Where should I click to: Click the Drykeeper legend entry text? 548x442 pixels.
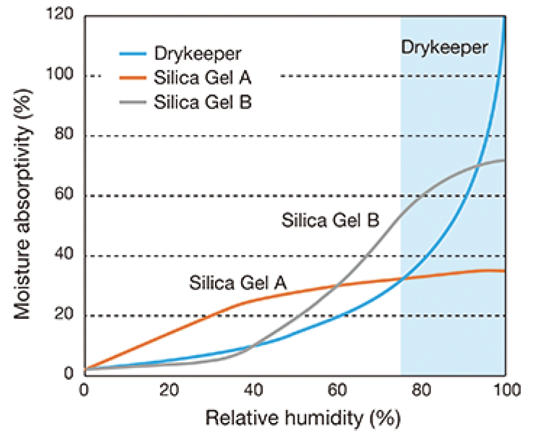(198, 53)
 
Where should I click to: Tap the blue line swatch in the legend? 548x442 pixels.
(133, 54)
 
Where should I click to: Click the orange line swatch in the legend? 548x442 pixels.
(133, 78)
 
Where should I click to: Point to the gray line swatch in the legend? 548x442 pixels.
(133, 101)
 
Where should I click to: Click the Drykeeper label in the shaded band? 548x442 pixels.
(445, 47)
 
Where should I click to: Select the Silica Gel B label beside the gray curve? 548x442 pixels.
(331, 221)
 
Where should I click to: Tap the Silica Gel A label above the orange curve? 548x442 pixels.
(238, 282)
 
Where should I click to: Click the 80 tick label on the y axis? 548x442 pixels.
(63, 136)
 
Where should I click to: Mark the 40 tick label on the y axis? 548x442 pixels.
(63, 256)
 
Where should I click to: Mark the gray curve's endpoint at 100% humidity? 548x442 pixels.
(504, 160)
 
